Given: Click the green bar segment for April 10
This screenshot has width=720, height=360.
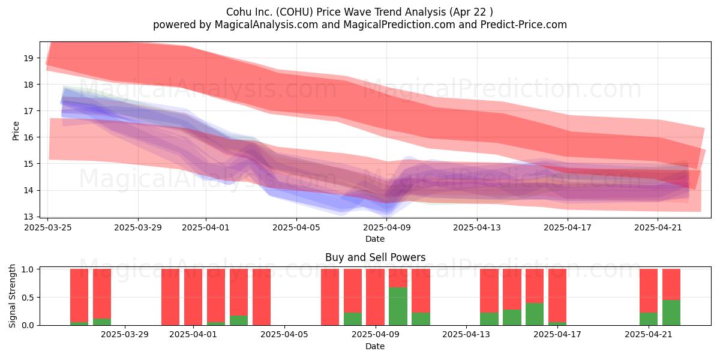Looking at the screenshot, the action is click(398, 306).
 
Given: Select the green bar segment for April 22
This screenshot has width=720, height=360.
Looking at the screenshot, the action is click(671, 313).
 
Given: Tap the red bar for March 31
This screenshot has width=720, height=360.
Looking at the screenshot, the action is click(170, 297).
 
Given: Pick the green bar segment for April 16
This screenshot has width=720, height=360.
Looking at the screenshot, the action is click(535, 314).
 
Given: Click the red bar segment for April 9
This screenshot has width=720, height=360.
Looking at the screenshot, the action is click(375, 297).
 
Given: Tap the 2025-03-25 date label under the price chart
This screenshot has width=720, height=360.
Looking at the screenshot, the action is click(48, 227).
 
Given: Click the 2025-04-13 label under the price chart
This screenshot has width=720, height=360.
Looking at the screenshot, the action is click(477, 227).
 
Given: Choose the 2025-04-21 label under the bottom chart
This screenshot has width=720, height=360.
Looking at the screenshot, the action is click(649, 335).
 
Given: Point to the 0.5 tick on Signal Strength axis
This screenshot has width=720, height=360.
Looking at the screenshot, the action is click(28, 298).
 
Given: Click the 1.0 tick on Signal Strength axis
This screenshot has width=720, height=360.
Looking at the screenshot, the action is click(28, 269).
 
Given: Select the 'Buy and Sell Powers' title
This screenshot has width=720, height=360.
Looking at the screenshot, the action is click(376, 257).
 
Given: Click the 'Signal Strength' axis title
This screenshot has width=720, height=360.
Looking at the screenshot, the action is click(12, 296).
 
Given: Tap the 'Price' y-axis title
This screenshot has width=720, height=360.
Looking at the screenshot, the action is click(16, 131).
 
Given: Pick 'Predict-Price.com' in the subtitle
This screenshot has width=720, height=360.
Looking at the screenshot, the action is click(524, 25).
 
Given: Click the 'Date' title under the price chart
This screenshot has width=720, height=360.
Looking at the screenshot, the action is click(375, 239).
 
